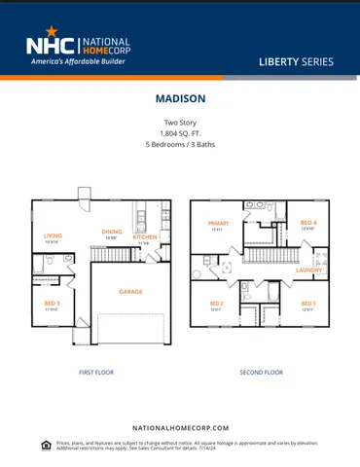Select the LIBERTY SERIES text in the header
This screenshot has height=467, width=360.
(x=296, y=61)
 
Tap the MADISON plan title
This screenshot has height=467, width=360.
(x=179, y=98)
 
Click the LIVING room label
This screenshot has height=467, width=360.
(x=53, y=234)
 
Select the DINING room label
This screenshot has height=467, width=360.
(x=112, y=232)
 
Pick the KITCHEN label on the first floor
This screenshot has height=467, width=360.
(x=144, y=235)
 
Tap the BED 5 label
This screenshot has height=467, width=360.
(x=52, y=304)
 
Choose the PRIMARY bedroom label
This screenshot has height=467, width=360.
(x=218, y=223)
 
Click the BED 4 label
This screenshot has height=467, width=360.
(x=308, y=223)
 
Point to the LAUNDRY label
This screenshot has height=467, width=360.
(x=309, y=269)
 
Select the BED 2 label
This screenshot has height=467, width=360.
(x=217, y=304)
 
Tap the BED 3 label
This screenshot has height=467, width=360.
(x=307, y=304)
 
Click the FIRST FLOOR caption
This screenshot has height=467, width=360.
(x=96, y=372)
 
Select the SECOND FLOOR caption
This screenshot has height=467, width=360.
(x=261, y=372)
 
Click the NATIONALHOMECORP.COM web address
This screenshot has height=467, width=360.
(x=179, y=427)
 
